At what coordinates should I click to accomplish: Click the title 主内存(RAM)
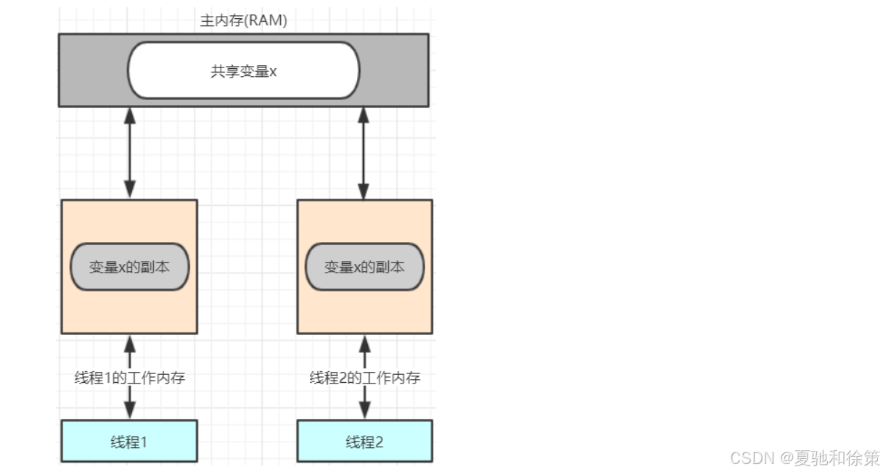tap(244, 21)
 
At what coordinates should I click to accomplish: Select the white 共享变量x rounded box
tap(244, 70)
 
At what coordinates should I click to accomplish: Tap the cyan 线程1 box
tap(129, 441)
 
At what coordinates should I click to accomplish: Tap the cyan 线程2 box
tap(364, 441)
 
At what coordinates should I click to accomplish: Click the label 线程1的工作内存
tap(130, 378)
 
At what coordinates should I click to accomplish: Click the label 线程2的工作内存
tap(365, 378)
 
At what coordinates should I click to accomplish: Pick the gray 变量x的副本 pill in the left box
tap(130, 267)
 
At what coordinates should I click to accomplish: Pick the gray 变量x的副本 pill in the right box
tap(364, 267)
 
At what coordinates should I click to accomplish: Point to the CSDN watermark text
tap(804, 458)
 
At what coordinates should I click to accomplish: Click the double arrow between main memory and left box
tap(130, 153)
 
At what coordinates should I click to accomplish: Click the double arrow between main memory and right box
tap(364, 153)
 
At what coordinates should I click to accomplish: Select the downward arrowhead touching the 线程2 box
tap(364, 411)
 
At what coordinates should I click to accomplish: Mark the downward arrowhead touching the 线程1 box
tap(130, 411)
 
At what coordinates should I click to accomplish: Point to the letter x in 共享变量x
tap(273, 72)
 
